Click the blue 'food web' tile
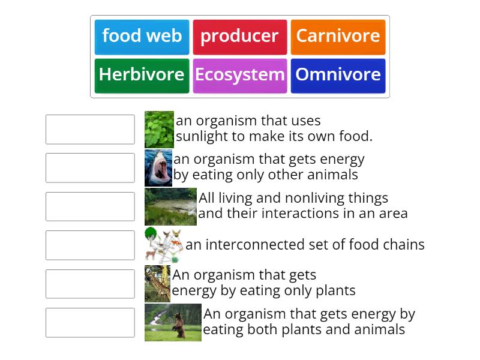click(x=142, y=37)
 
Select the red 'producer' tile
click(x=239, y=37)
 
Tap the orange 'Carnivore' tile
click(x=338, y=37)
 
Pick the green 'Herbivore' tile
click(x=142, y=75)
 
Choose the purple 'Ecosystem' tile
click(x=239, y=75)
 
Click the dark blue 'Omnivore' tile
click(x=338, y=75)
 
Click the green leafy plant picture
click(x=159, y=129)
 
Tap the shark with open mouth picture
click(x=158, y=168)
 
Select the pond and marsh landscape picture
click(x=170, y=206)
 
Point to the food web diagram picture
click(x=163, y=245)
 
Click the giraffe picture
click(x=157, y=284)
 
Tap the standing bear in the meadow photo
click(x=173, y=322)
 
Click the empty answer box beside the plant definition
click(x=90, y=130)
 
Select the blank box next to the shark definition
click(x=90, y=168)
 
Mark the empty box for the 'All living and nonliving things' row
click(x=90, y=206)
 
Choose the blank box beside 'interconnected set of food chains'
click(x=90, y=245)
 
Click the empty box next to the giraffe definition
click(x=90, y=284)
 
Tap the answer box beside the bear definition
click(x=90, y=323)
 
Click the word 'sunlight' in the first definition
click(x=202, y=137)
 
